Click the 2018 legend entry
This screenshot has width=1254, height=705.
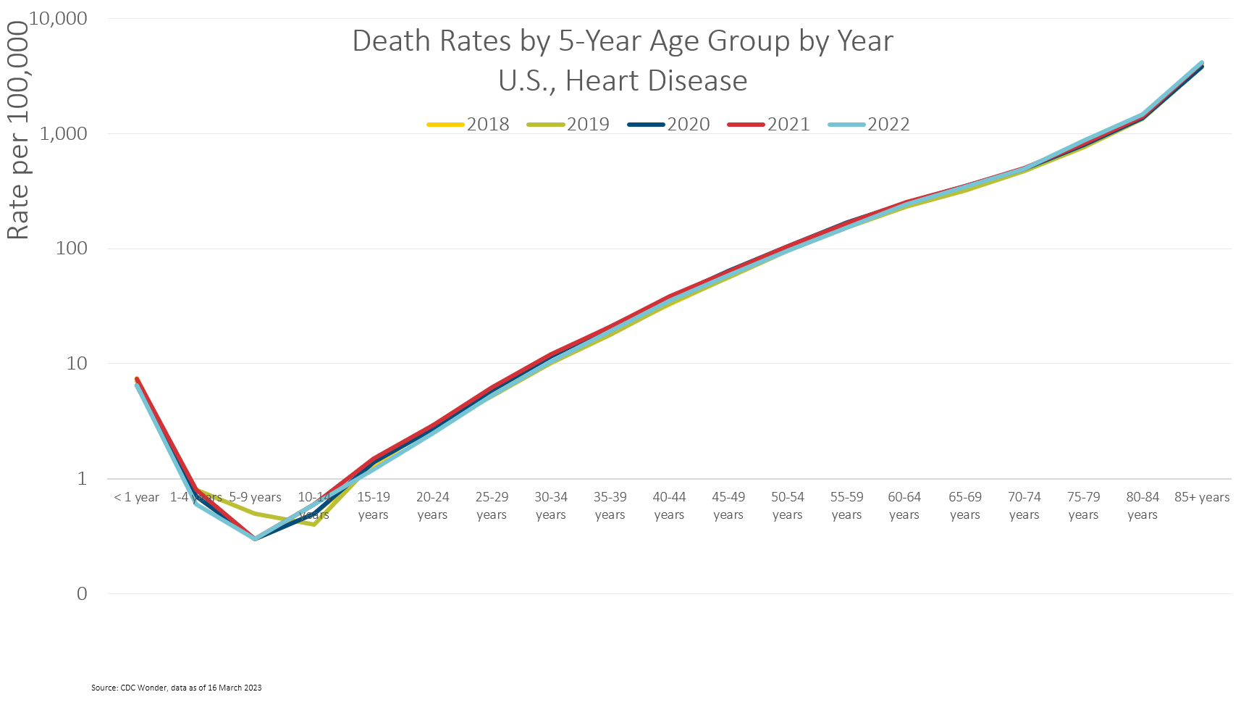pyautogui.click(x=469, y=124)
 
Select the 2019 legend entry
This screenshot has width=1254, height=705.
pyautogui.click(x=569, y=124)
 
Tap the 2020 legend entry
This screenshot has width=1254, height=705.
pyautogui.click(x=670, y=124)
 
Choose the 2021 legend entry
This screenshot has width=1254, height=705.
pyautogui.click(x=770, y=124)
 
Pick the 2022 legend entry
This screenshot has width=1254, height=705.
pyautogui.click(x=870, y=124)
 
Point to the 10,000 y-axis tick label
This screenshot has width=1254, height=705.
pyautogui.click(x=58, y=18)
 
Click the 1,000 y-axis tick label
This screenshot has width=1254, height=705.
pyautogui.click(x=63, y=133)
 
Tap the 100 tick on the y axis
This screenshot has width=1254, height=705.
pyautogui.click(x=71, y=249)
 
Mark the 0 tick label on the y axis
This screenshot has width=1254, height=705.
pyautogui.click(x=82, y=594)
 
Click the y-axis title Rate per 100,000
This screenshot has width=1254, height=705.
pyautogui.click(x=17, y=130)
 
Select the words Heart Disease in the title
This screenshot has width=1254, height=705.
pyautogui.click(x=656, y=80)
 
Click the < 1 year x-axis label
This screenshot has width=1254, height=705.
pyautogui.click(x=136, y=497)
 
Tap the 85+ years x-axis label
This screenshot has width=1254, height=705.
pyautogui.click(x=1202, y=497)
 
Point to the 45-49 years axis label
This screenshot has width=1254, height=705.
pyautogui.click(x=728, y=505)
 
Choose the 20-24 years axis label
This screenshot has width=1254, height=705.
pyautogui.click(x=432, y=505)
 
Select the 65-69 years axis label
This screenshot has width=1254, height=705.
pyautogui.click(x=964, y=505)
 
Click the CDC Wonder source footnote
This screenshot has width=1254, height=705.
pyautogui.click(x=176, y=688)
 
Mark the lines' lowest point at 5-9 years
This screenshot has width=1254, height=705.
pyautogui.click(x=255, y=539)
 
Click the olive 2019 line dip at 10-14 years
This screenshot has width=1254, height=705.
pyautogui.click(x=313, y=524)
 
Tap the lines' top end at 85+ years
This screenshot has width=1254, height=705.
pyautogui.click(x=1202, y=64)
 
